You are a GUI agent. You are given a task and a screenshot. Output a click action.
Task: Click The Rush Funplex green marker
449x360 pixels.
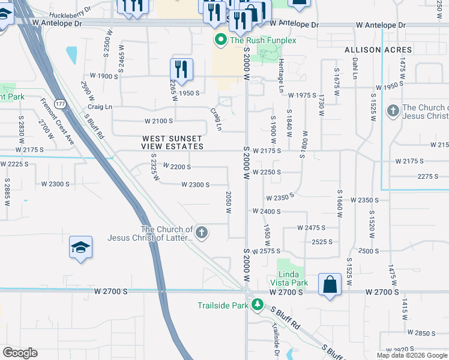[x=220, y=40]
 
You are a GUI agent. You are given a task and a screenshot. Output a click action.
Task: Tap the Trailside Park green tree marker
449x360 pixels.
[x=257, y=305]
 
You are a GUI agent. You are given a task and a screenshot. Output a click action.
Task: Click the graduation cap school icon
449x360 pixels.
[x=80, y=248]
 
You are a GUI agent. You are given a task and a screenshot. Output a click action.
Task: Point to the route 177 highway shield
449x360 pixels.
[x=60, y=104]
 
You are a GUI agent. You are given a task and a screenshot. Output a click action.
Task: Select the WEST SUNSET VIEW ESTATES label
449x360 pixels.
[x=172, y=142]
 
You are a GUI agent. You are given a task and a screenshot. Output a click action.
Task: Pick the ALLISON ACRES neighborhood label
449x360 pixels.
[x=378, y=50]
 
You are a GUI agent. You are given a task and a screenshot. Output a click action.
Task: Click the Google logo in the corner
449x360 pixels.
[x=20, y=353]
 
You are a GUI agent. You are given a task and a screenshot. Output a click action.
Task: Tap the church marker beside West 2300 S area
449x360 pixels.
[x=202, y=233]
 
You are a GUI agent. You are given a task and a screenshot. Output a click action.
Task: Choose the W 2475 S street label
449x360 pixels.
[x=311, y=228]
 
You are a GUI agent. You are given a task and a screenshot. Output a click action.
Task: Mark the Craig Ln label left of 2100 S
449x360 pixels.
[x=100, y=107]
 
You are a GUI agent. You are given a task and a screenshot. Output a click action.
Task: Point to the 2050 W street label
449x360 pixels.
[x=228, y=202]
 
